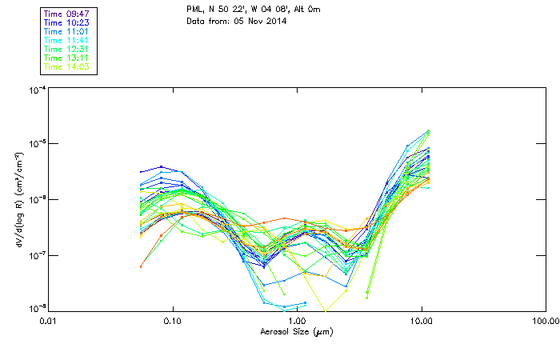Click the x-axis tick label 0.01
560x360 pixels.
pos(48,322)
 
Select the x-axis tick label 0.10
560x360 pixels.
pos(172,322)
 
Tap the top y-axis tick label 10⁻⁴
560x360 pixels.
pos(37,90)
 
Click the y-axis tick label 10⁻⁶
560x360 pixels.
pos(37,199)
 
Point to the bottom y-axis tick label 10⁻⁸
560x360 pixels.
pos(37,309)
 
